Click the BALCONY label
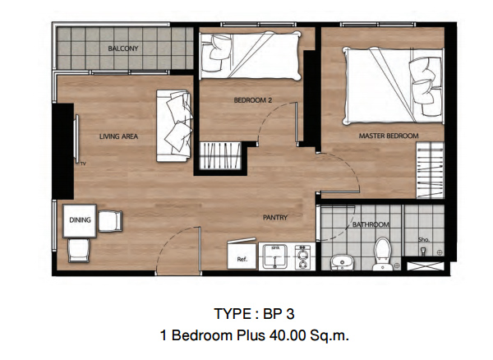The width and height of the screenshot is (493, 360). pos(123,48)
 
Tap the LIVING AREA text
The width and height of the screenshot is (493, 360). pos(118,136)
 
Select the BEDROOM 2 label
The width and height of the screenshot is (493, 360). pos(253,100)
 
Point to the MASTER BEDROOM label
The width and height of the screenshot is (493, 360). pos(389,136)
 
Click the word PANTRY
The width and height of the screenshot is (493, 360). pos(275,217)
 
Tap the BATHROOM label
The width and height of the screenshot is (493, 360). pos(371,224)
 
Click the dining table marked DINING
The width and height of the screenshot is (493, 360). pos(80,221)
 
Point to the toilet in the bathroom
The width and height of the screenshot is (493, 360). pos(383,254)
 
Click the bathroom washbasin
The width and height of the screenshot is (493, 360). pos(342,262)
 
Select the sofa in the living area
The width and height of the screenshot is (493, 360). pos(174,126)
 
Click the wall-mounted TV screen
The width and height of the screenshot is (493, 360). pos(76,139)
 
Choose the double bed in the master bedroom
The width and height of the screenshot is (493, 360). pos(394,85)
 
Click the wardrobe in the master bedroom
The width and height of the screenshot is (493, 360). pos(430,170)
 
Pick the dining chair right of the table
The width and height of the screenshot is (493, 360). pos(110,221)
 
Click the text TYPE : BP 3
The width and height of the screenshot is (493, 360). pos(254,314)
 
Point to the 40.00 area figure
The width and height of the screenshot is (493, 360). pos(288,335)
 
